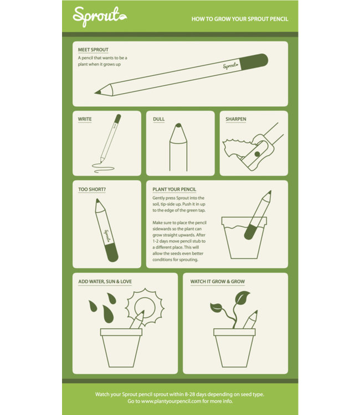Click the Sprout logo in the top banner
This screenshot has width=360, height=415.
tap(100, 17)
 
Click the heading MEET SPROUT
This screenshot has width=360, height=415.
tap(93, 50)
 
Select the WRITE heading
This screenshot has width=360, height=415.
tap(85, 119)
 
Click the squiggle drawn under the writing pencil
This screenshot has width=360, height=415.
tap(103, 168)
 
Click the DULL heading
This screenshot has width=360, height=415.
tap(158, 119)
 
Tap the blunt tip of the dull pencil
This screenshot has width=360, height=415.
tap(178, 125)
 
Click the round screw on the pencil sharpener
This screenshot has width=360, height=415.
tap(257, 154)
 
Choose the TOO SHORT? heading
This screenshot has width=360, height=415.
tap(92, 189)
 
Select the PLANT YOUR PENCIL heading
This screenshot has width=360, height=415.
tap(174, 189)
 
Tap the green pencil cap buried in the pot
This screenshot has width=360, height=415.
tap(250, 232)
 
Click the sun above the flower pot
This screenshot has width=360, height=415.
tap(145, 307)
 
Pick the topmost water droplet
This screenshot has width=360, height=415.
tap(111, 298)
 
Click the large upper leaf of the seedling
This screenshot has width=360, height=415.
tap(243, 297)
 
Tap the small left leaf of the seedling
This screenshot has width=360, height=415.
tap(216, 307)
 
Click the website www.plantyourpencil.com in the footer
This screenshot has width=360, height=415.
tap(171, 401)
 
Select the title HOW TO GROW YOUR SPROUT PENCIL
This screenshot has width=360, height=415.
tap(240, 19)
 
